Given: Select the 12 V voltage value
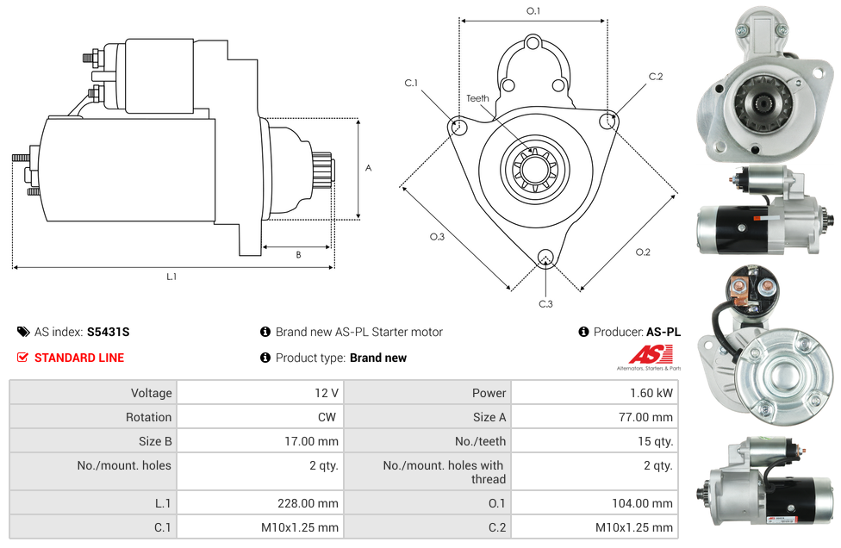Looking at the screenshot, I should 327,393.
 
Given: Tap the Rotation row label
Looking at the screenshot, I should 148,417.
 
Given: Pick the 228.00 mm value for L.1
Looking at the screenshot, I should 316,503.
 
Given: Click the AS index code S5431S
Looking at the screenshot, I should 108,332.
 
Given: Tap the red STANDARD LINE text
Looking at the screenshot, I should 79,358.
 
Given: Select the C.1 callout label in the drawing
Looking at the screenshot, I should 411,83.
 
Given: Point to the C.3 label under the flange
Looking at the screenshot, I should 545,303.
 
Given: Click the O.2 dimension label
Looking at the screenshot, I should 643,252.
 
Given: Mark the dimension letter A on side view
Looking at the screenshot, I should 368,168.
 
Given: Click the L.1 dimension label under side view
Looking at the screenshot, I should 171,277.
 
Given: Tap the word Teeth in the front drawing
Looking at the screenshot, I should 477,98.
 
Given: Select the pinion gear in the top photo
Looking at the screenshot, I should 763,104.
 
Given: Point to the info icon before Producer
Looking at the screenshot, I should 583,332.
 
